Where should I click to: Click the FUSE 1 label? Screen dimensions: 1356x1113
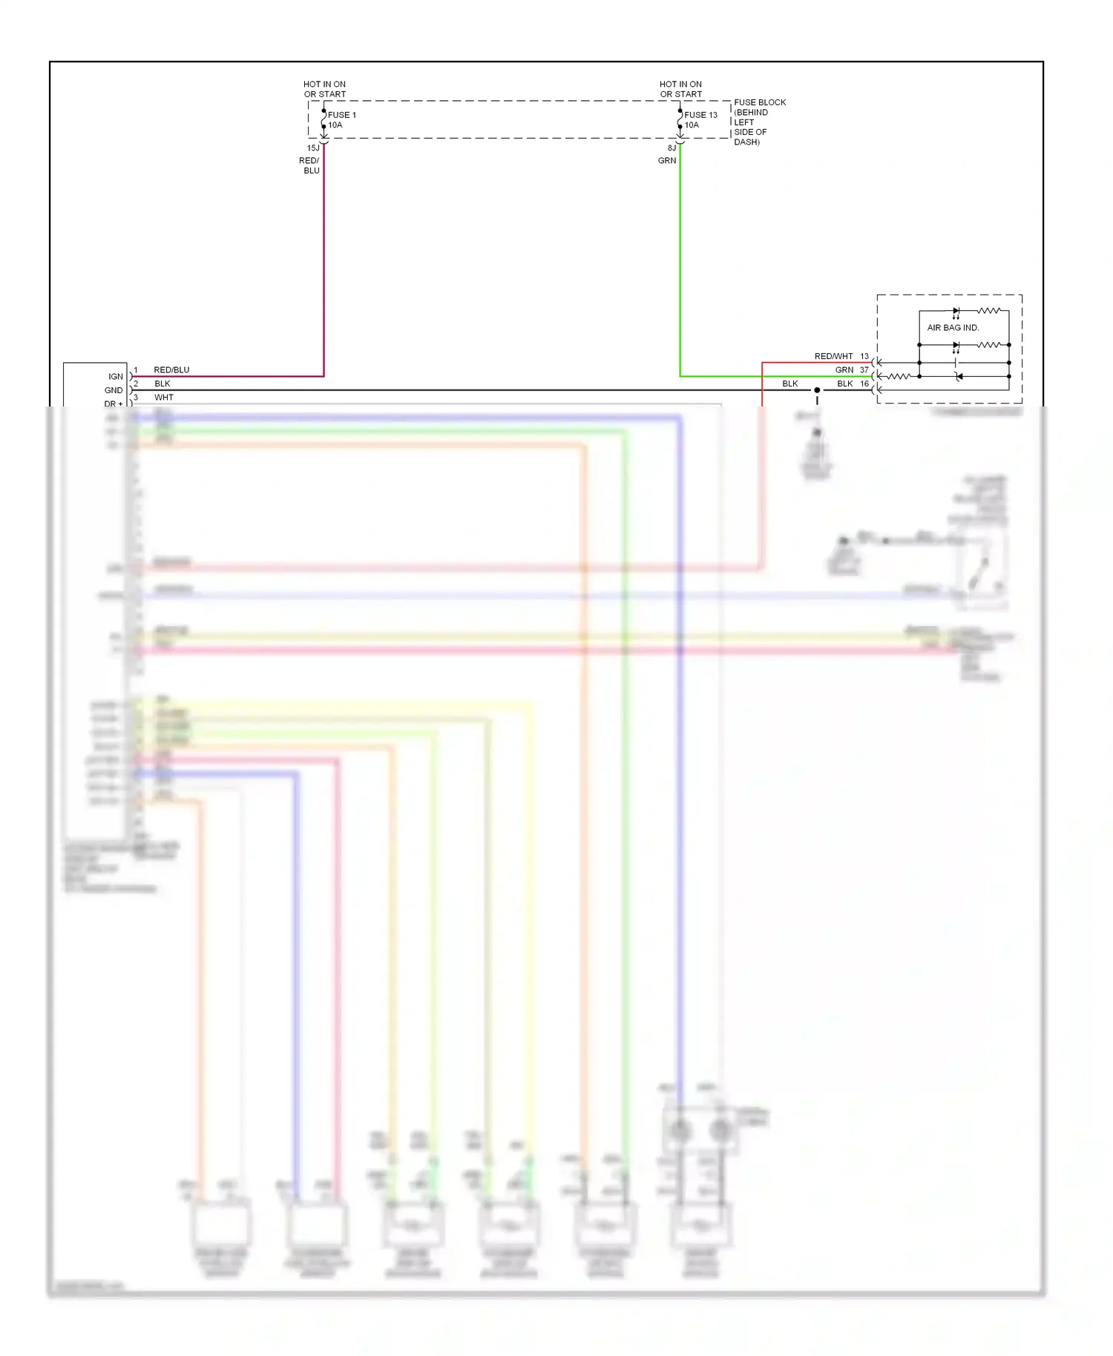click(342, 115)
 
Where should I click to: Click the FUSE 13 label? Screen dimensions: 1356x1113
click(700, 115)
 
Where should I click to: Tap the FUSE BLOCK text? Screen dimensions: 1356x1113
click(760, 102)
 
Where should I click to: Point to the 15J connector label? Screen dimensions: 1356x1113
click(313, 148)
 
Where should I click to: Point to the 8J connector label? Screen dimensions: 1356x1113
click(672, 148)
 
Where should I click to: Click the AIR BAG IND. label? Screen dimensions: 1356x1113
click(953, 327)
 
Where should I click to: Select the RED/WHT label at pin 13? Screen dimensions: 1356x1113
click(833, 356)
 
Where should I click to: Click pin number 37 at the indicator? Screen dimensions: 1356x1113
click(864, 369)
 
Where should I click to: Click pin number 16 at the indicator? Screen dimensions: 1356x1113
click(864, 384)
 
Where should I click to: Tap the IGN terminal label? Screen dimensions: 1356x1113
click(116, 376)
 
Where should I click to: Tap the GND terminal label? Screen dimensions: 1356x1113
click(114, 390)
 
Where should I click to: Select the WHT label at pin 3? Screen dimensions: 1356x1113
click(163, 397)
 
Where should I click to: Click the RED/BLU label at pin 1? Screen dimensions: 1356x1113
click(171, 369)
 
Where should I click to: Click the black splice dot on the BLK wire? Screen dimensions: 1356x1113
click(817, 390)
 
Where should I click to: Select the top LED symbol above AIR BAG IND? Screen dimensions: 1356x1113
click(956, 311)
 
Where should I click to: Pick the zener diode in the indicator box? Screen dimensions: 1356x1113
click(959, 377)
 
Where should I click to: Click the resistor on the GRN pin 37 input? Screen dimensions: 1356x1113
click(899, 377)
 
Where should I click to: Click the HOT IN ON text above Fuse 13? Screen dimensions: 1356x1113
click(680, 85)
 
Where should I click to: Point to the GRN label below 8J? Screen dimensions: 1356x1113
click(667, 160)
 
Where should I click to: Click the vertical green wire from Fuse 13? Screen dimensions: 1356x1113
click(680, 260)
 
